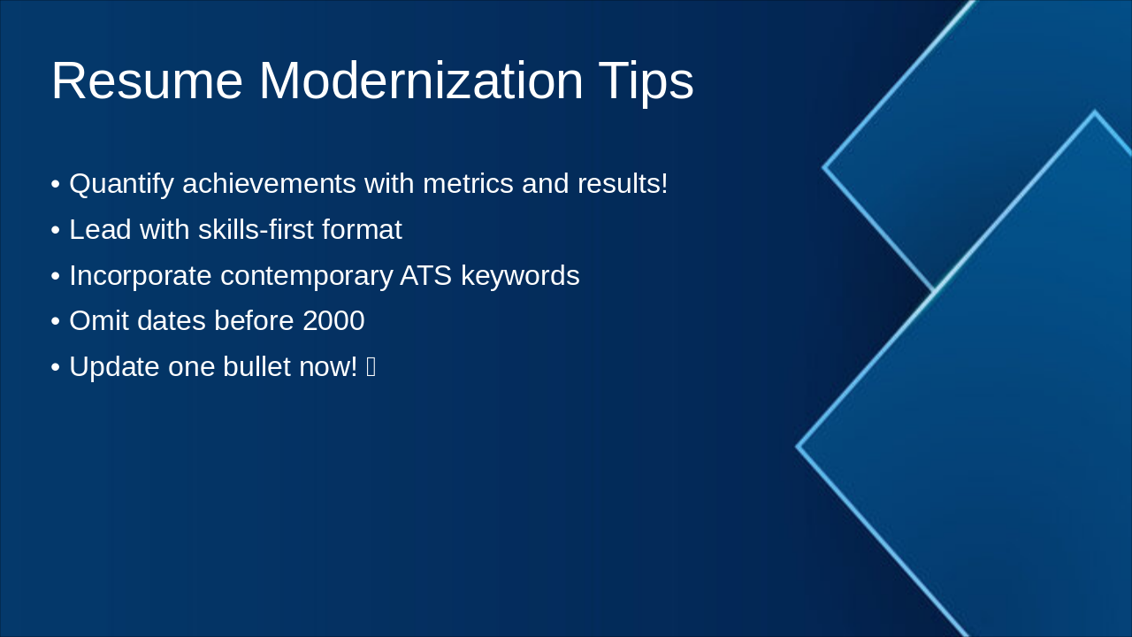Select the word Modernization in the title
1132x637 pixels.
click(420, 81)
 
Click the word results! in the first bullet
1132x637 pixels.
click(623, 184)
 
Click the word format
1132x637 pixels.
click(362, 230)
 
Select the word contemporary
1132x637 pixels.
click(306, 276)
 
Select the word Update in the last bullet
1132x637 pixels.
click(115, 367)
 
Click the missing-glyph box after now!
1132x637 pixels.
click(371, 367)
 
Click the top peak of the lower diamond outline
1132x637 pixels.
click(1095, 112)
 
